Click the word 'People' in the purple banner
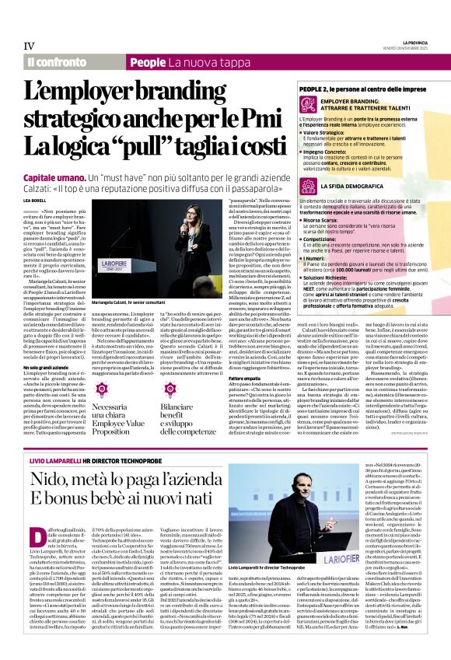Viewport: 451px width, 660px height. (x=149, y=61)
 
